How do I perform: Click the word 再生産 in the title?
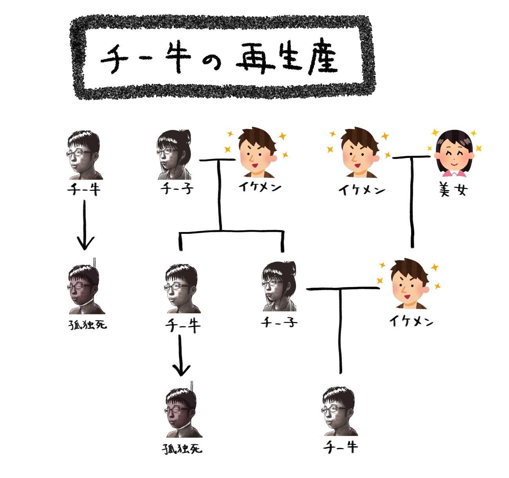coord(287,60)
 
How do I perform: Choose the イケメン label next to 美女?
coord(362,190)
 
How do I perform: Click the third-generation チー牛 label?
coord(340,447)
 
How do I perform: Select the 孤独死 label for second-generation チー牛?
coord(182,448)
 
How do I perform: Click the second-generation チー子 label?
coord(279,323)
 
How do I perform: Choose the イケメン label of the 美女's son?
coord(411,322)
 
